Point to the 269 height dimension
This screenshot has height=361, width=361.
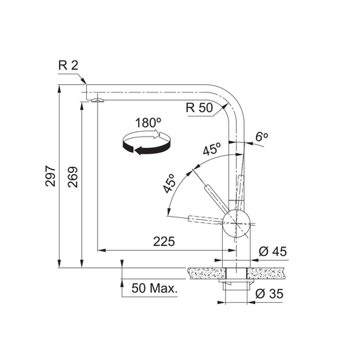click(74, 184)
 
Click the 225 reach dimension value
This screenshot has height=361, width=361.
click(163, 242)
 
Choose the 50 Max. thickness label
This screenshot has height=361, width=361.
click(154, 288)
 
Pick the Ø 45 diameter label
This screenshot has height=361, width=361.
click(271, 252)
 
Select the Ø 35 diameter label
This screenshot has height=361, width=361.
click(271, 294)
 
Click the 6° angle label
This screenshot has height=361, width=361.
click(261, 136)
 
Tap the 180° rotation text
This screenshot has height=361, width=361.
click(148, 122)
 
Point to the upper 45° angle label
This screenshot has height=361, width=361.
click(212, 150)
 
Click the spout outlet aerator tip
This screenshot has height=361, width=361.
click(95, 102)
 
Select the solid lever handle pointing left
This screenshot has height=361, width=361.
click(203, 220)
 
